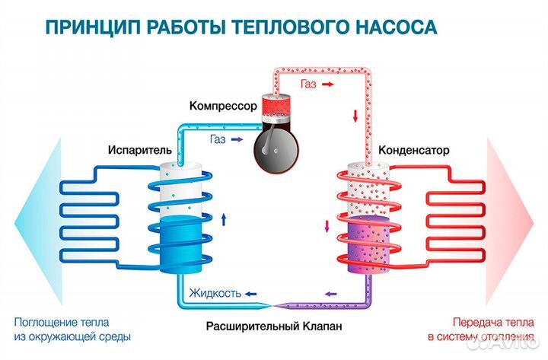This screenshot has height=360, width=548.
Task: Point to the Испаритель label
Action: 126,149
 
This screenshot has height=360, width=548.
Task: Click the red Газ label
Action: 308,84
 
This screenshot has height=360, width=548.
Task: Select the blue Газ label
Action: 217,139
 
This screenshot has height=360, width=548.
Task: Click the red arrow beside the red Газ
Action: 328,84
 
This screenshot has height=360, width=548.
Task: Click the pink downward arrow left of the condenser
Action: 328,225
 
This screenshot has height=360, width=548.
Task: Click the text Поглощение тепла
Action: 65,321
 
